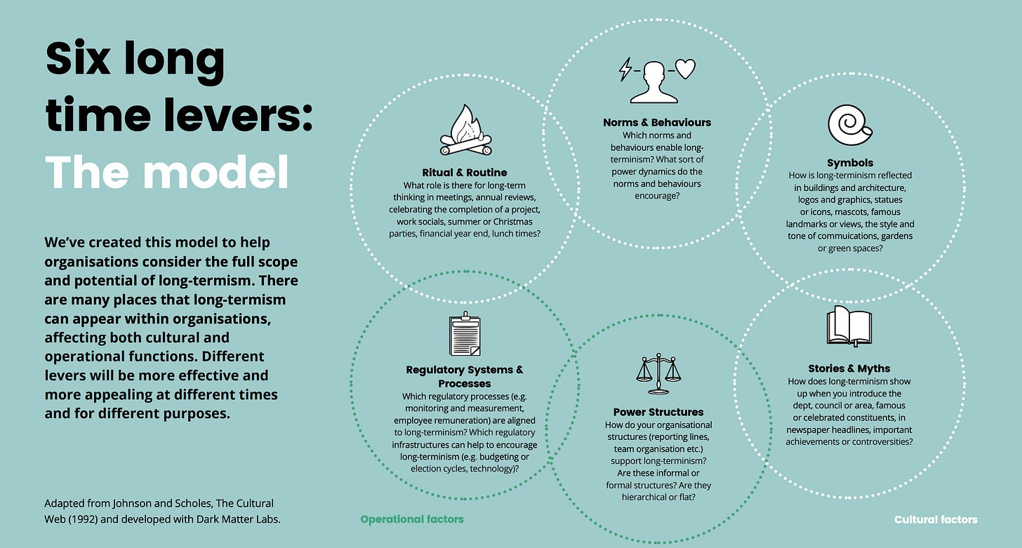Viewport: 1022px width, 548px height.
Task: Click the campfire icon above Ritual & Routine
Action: point(465,131)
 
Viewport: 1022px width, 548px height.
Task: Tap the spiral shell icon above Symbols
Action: point(850,124)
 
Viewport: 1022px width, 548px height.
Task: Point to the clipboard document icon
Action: point(464,335)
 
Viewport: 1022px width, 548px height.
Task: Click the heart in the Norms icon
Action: point(685,69)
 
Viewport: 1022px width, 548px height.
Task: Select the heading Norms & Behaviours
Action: point(657,122)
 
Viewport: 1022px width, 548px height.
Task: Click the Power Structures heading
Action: point(658,412)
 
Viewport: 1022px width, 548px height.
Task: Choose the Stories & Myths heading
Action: point(849,368)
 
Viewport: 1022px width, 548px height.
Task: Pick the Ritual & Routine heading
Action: point(464,172)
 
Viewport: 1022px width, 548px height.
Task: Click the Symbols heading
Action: point(850,163)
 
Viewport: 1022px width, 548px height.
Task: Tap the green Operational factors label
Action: point(412,519)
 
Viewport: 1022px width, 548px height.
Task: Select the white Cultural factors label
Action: point(936,519)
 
